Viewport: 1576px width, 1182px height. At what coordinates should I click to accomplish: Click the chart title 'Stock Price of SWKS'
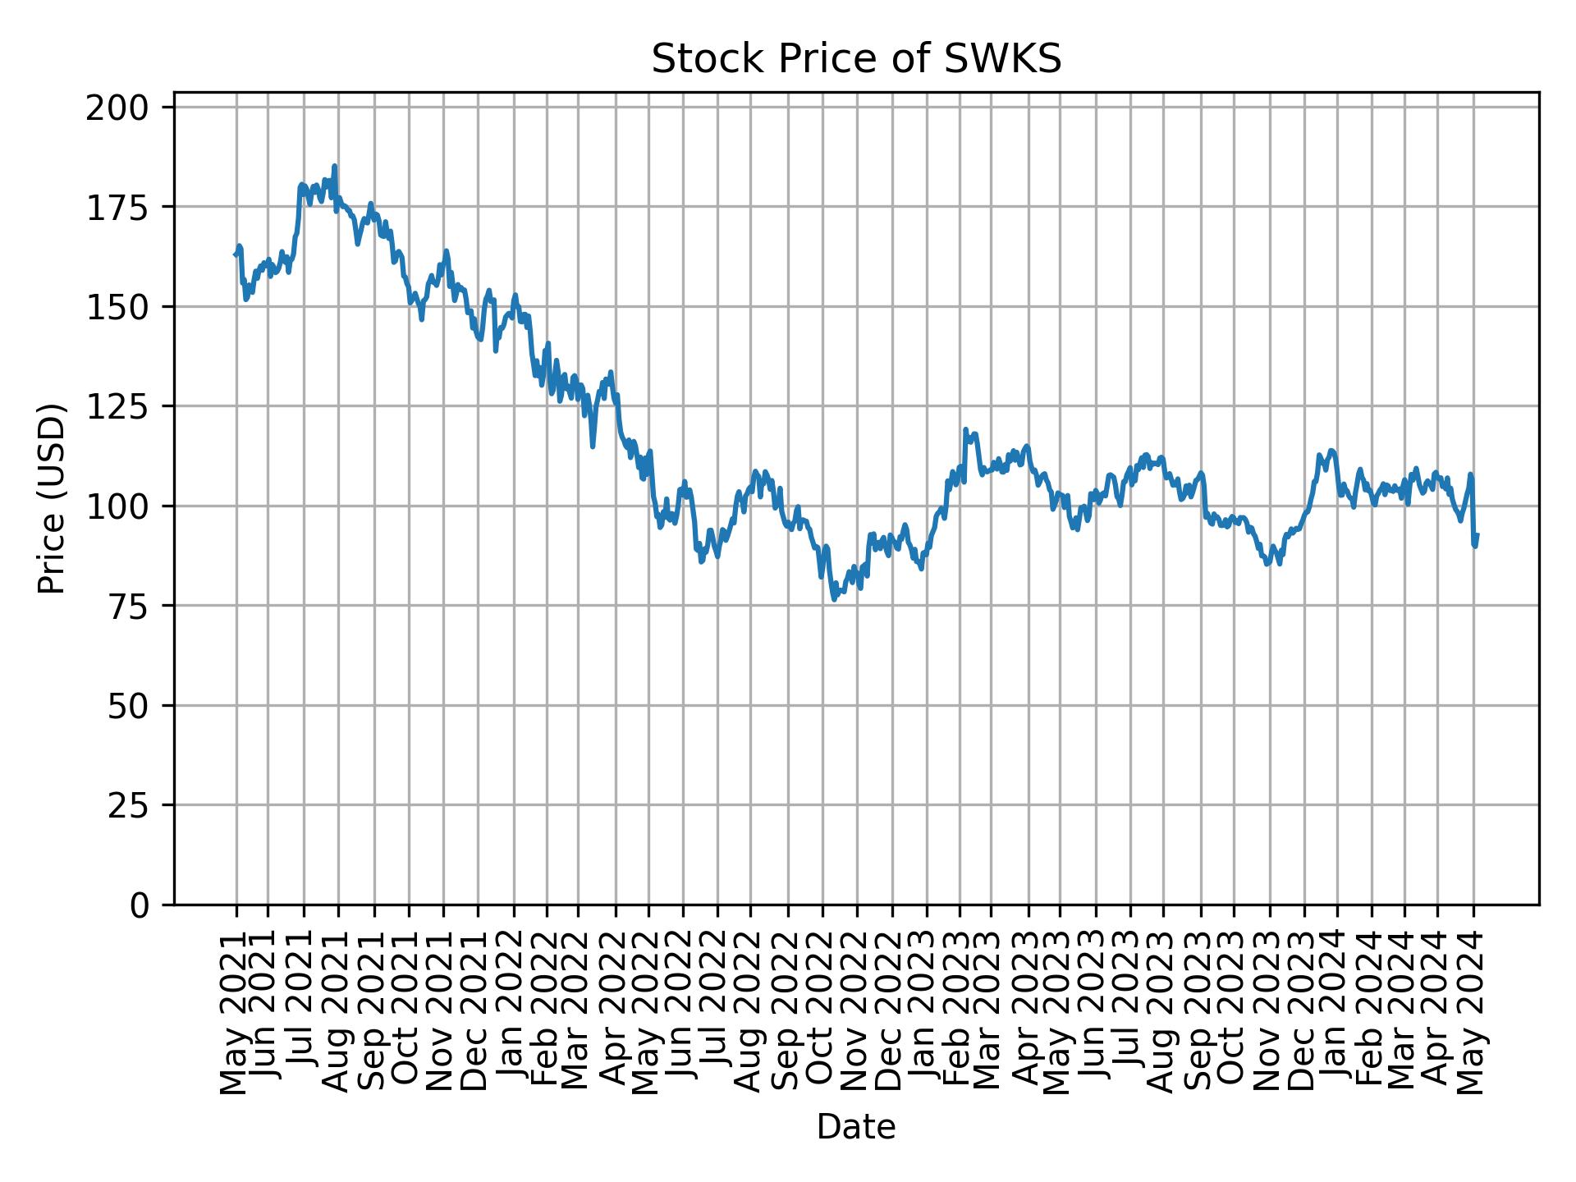click(856, 60)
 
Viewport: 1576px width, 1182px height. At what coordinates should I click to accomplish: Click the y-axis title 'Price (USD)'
click(52, 498)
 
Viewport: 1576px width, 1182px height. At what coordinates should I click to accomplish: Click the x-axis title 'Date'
click(856, 1128)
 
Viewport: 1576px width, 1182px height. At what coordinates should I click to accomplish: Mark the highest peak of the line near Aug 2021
click(334, 166)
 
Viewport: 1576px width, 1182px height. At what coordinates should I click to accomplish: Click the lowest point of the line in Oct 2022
click(834, 599)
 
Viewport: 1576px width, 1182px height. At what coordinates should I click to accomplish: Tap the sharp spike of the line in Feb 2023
click(965, 429)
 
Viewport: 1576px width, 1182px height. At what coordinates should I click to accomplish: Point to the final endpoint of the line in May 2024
click(1477, 535)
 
